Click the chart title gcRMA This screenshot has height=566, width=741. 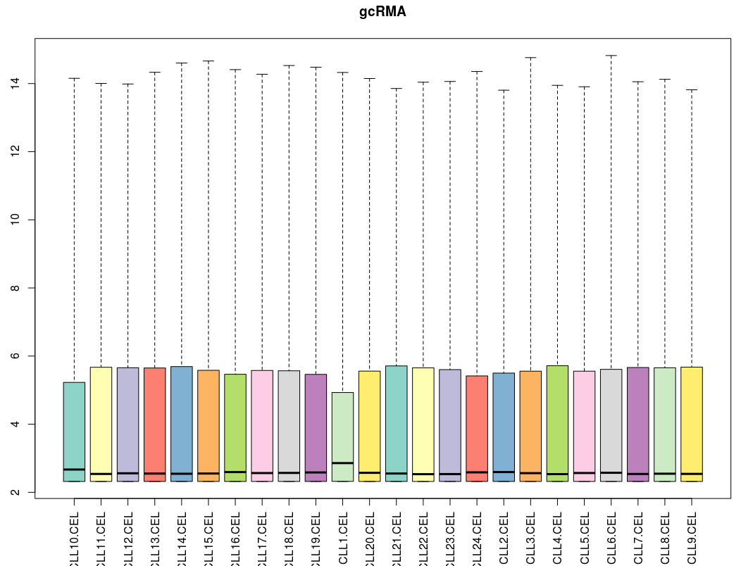click(382, 12)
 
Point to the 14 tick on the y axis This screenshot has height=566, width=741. click(32, 84)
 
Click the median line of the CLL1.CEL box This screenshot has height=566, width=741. click(342, 463)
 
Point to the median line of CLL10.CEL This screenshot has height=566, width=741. click(74, 469)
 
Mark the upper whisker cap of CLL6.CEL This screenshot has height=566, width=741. click(611, 56)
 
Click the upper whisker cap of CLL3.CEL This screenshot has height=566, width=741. click(530, 58)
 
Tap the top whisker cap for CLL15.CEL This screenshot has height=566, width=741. click(208, 61)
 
